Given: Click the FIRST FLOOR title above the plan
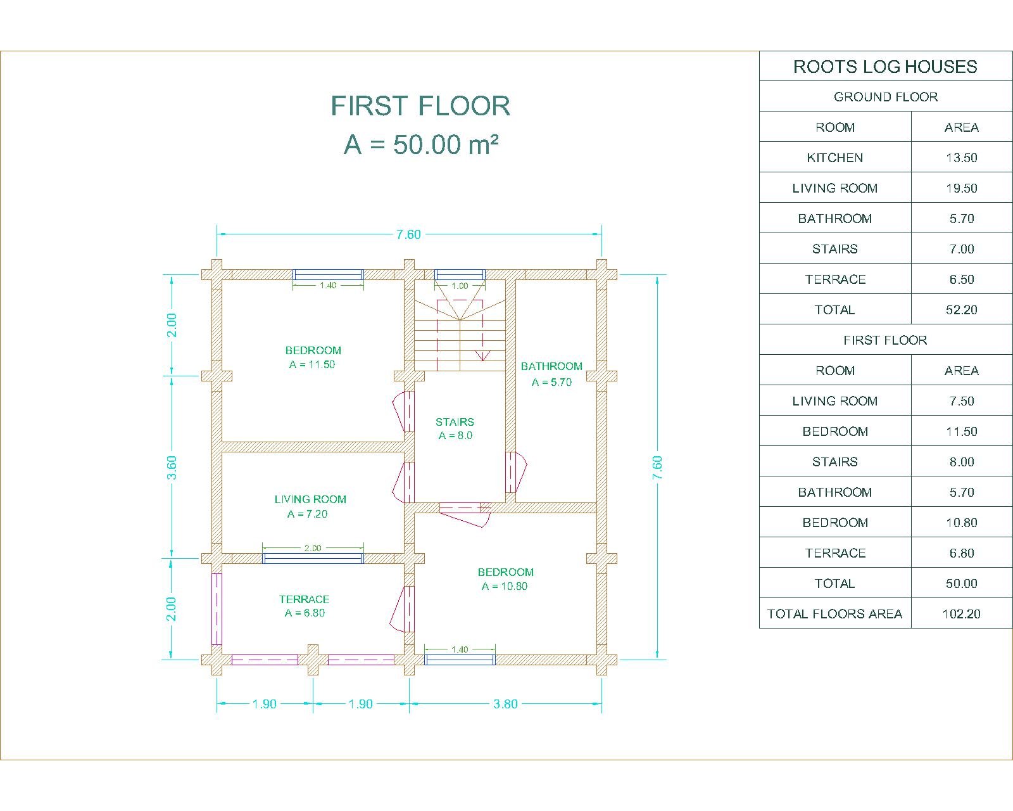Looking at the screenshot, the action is tap(420, 106).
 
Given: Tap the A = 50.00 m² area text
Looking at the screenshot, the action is tap(421, 144).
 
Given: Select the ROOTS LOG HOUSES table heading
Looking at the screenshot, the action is tap(885, 67).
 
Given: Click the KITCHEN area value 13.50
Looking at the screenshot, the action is tap(961, 157).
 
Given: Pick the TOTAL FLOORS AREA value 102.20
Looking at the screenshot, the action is tap(961, 613).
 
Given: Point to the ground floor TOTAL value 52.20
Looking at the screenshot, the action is tap(961, 310).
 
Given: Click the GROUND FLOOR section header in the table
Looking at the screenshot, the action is tap(886, 96).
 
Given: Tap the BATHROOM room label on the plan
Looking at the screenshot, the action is tap(551, 366).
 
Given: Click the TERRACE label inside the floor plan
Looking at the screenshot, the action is tap(304, 599).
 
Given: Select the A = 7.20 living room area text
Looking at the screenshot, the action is tap(307, 514).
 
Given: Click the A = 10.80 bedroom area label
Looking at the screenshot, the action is tap(504, 585).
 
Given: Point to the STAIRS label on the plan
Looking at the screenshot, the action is tap(454, 422).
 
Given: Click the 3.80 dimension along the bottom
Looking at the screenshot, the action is tap(505, 704).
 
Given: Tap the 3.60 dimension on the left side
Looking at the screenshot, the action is tap(172, 468).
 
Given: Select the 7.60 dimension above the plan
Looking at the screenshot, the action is tap(408, 234).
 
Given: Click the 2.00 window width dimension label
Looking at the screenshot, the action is tap(313, 547).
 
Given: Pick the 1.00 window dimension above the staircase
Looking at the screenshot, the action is tap(460, 286).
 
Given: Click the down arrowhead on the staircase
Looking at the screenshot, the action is tap(482, 356).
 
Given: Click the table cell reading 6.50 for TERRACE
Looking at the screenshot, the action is tap(961, 279).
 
